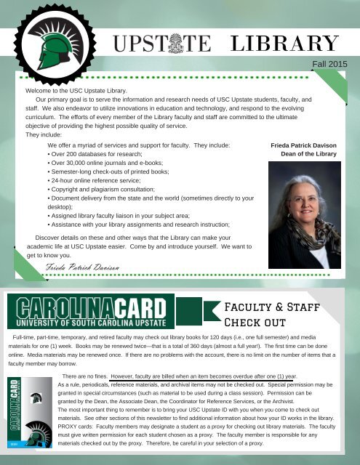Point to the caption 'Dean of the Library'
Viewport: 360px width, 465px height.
click(x=308, y=155)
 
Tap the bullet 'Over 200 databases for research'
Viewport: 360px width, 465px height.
click(x=95, y=155)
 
